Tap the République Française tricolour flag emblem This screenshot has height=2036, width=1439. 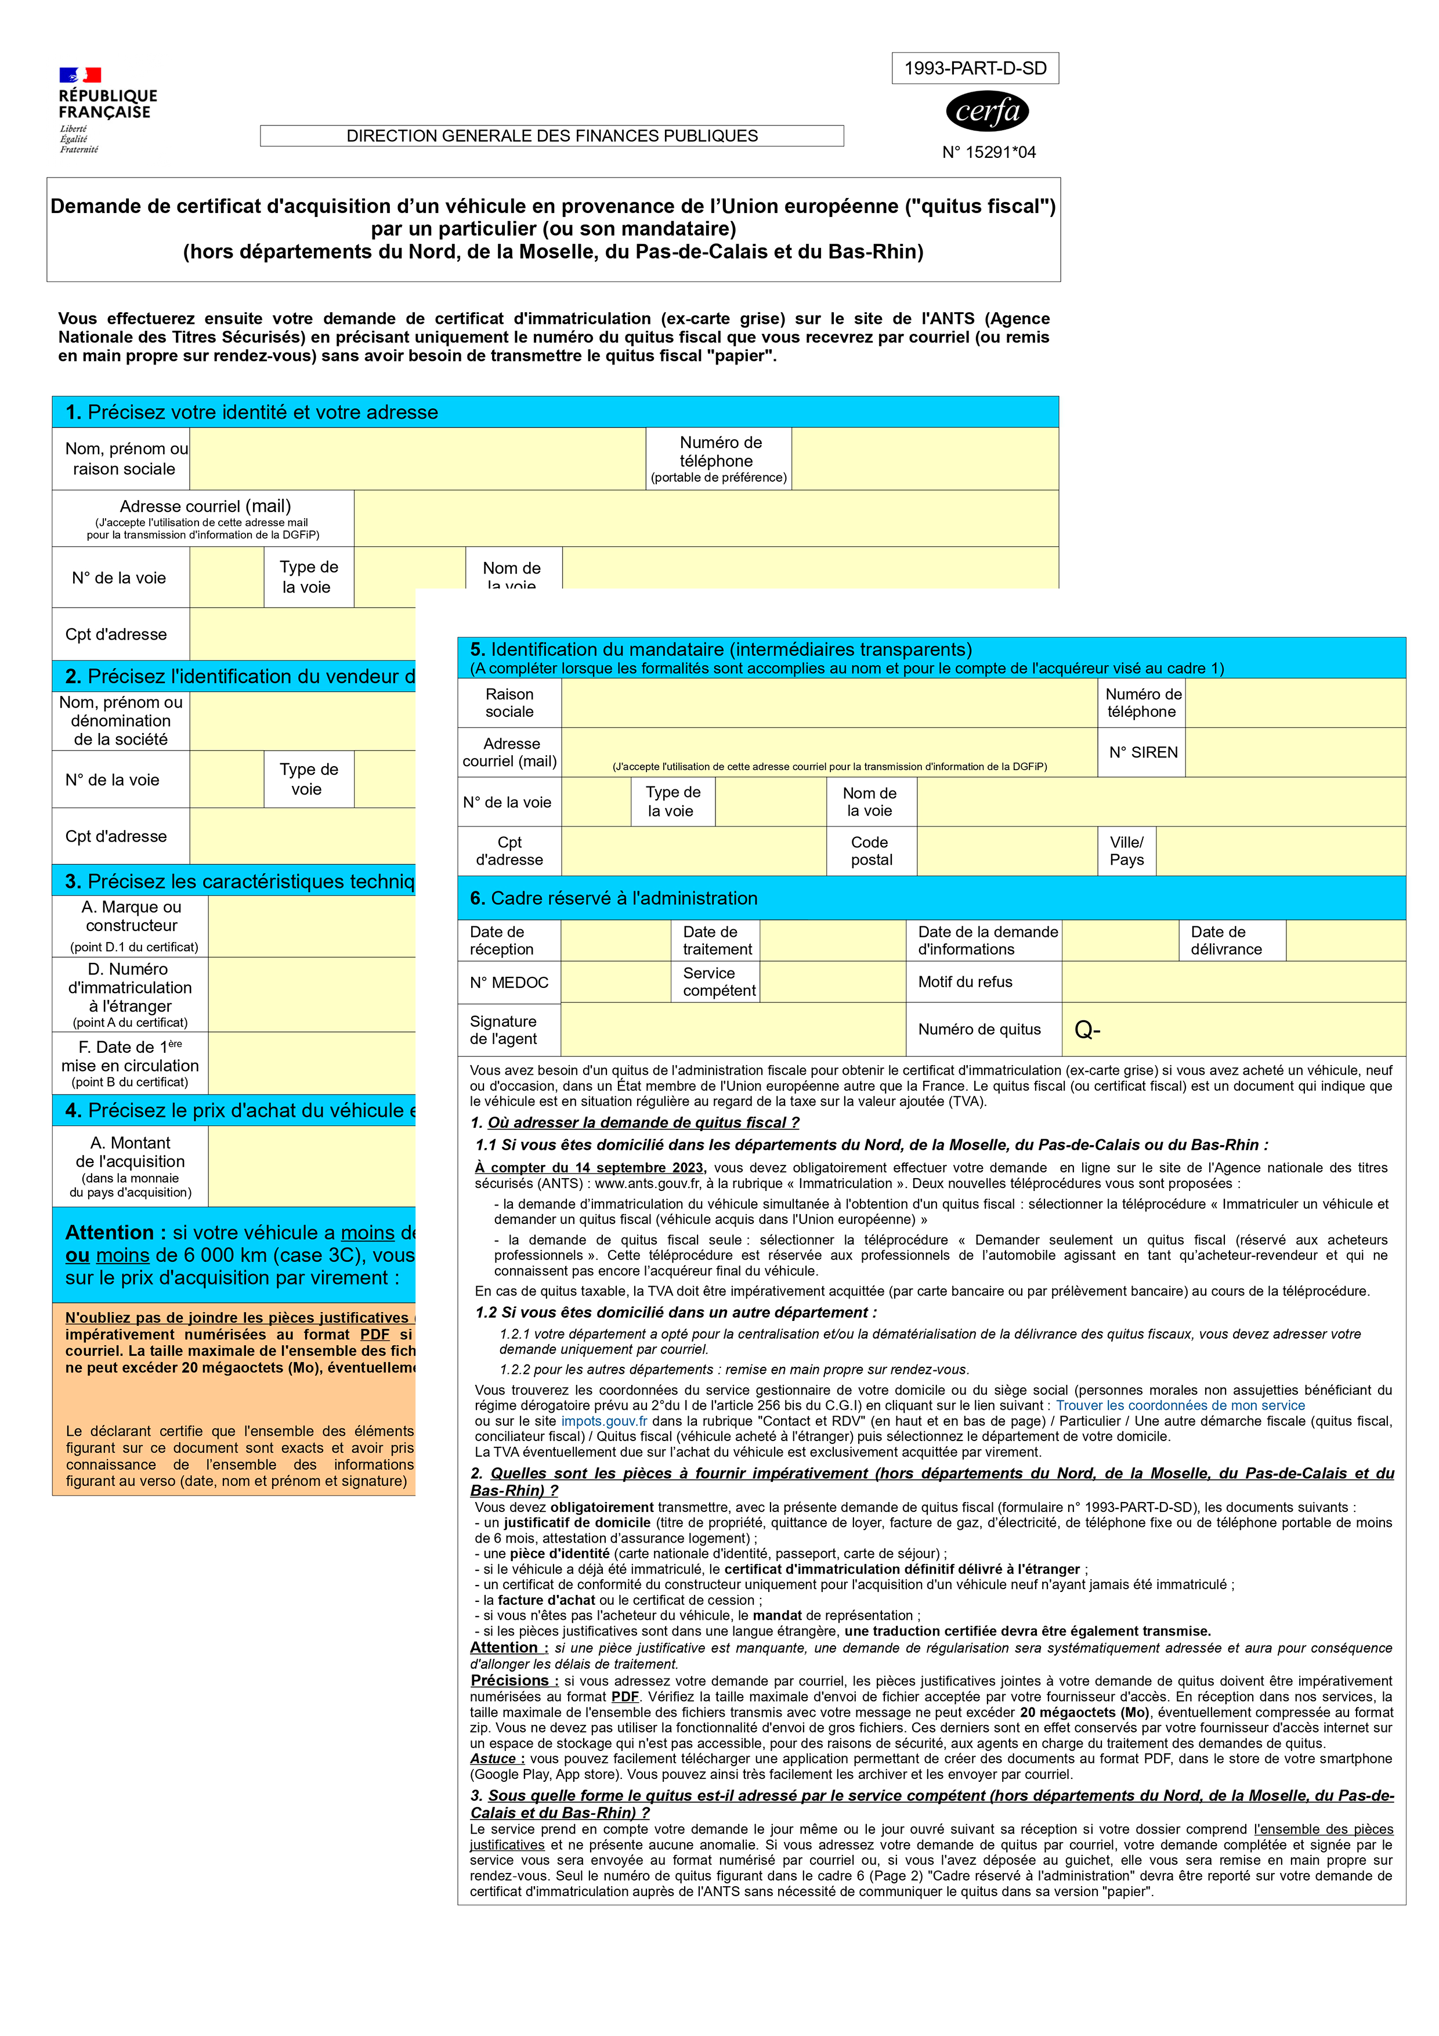(80, 75)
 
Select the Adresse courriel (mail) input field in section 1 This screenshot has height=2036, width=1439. (705, 518)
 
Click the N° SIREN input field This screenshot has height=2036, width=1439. (1295, 752)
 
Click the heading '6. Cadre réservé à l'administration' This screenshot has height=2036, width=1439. (613, 898)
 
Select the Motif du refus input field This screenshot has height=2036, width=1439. (1232, 981)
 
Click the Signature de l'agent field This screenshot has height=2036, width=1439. (732, 1030)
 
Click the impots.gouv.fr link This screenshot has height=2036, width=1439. (604, 1421)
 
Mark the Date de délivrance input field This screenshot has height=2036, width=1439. (1345, 940)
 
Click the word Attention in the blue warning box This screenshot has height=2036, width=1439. (110, 1233)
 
